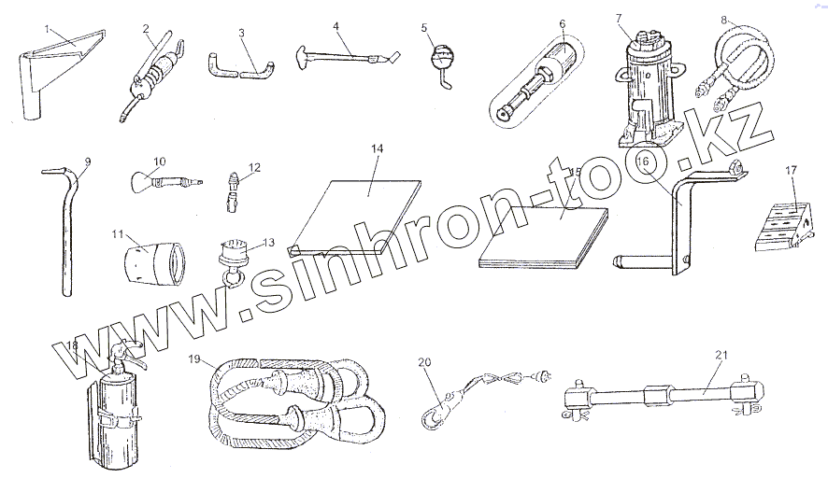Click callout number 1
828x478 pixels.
coord(48,29)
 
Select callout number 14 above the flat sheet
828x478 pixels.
coord(377,148)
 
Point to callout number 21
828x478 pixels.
coord(720,354)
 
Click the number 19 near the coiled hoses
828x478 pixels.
coord(193,358)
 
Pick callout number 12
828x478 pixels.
coord(254,168)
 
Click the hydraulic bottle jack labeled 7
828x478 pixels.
coord(646,84)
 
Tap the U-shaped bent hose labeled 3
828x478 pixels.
coord(239,68)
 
